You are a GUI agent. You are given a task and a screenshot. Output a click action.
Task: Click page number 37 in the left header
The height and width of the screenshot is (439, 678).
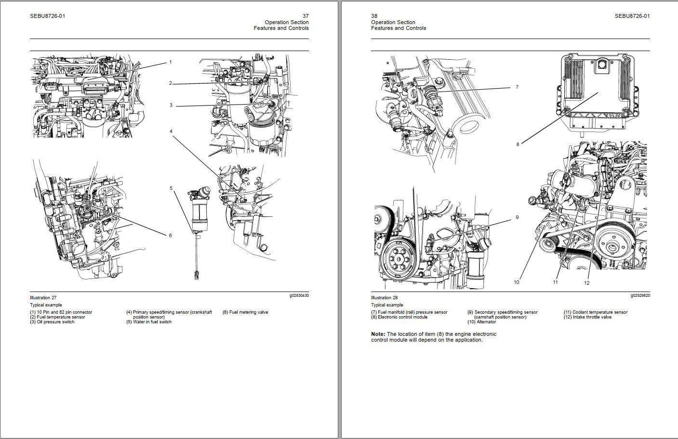tap(305, 16)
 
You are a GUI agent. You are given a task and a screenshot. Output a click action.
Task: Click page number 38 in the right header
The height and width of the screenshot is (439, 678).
tap(374, 16)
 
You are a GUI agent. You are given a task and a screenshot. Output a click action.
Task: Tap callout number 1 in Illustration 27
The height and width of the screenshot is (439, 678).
tap(170, 62)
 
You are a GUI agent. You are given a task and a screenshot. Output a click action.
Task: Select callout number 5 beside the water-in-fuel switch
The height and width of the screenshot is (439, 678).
tap(171, 188)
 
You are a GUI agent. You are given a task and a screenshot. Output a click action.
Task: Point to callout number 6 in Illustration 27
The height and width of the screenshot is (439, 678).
tap(170, 235)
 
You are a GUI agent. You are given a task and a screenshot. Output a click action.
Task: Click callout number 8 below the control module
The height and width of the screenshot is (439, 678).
tap(518, 144)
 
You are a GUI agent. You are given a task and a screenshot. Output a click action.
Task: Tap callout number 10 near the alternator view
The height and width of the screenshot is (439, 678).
tap(517, 282)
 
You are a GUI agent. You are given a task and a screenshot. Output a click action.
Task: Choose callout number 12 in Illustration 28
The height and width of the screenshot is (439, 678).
tap(586, 283)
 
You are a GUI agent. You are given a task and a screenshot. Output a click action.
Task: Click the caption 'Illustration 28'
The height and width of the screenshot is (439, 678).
tap(384, 298)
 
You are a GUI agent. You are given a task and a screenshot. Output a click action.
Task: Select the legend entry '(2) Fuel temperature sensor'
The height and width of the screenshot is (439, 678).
tap(57, 317)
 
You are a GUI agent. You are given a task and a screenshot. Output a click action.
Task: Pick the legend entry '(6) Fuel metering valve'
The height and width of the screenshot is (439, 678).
tap(245, 312)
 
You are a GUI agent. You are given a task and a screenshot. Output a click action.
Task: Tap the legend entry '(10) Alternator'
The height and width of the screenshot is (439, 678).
tap(481, 322)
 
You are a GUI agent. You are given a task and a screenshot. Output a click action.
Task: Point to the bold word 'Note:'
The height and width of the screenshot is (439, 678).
tap(378, 334)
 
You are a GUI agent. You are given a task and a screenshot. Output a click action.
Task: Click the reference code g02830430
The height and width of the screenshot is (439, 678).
tap(299, 295)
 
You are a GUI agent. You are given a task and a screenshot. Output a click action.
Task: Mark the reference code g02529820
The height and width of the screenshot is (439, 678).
tap(640, 295)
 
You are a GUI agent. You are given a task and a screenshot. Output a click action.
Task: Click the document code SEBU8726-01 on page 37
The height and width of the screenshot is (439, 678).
tap(47, 16)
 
